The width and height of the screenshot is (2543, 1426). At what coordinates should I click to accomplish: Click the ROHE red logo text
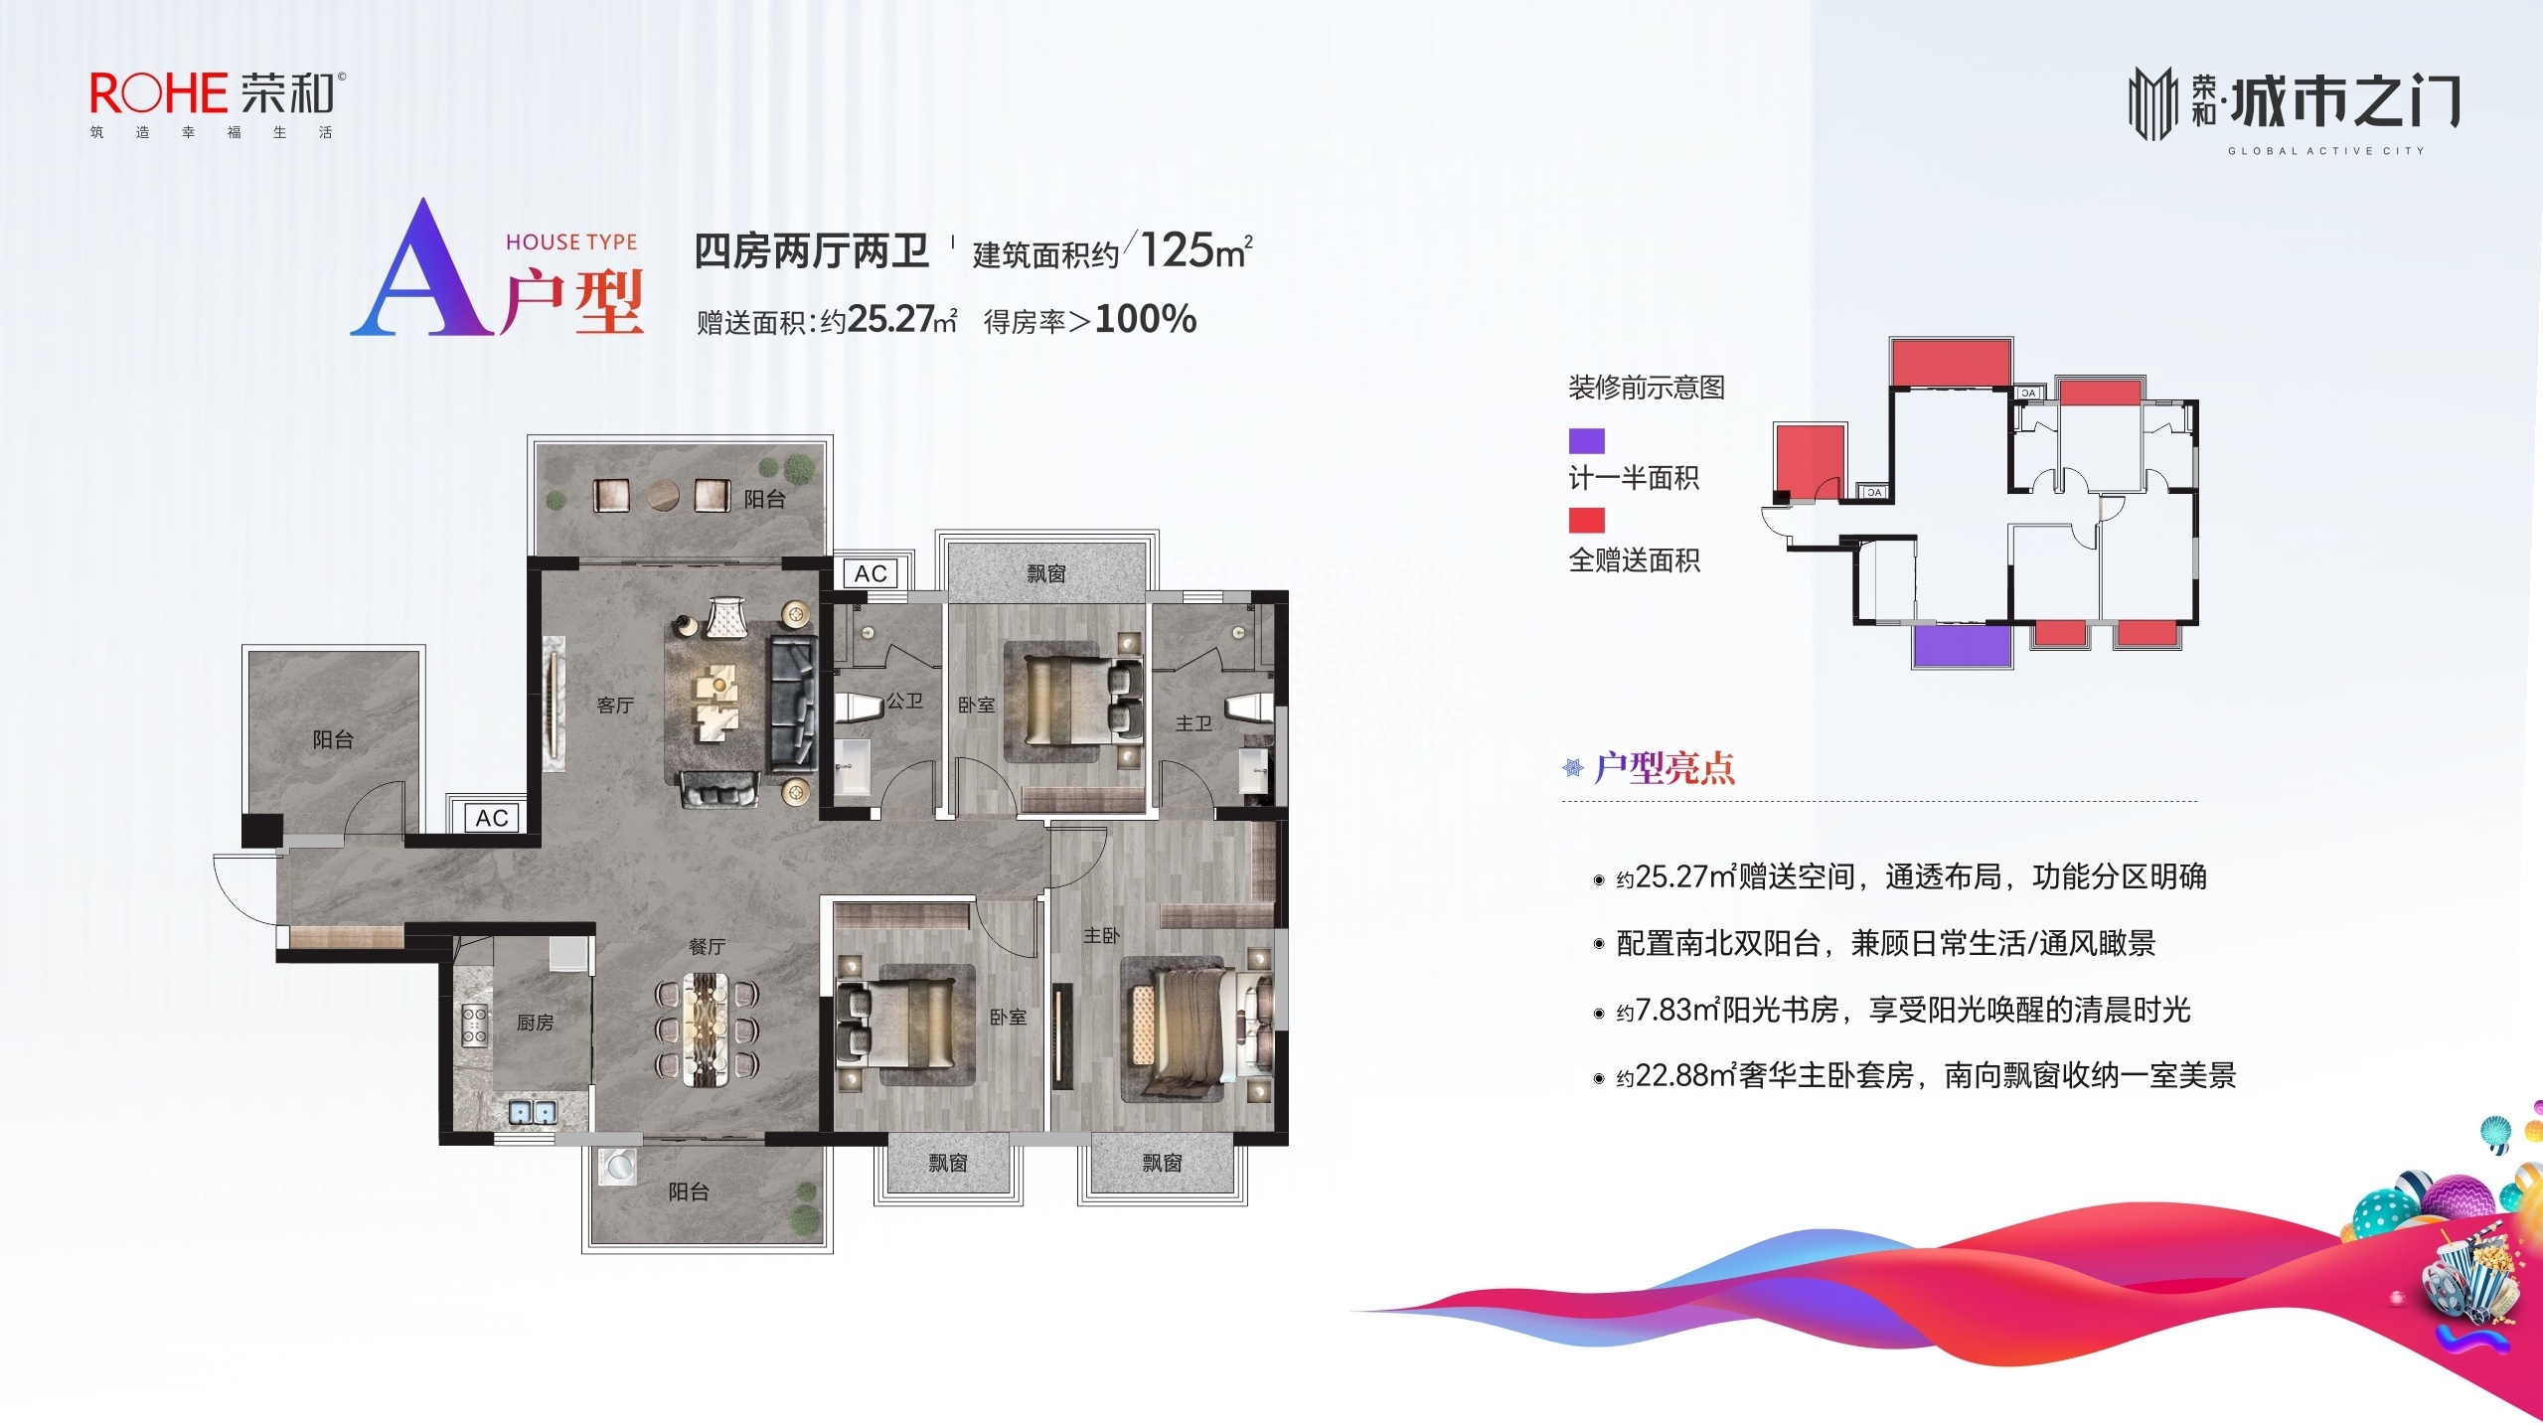159,93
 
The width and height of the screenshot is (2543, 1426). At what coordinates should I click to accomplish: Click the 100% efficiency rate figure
1145,319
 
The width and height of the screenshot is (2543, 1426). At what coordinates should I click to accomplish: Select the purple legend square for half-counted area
1586,440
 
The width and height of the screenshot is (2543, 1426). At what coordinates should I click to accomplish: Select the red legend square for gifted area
1586,520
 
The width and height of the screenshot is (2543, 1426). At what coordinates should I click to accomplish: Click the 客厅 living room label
615,705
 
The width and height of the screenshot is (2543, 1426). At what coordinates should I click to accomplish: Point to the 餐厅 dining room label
707,946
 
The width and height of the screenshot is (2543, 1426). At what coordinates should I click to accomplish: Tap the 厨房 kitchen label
535,1022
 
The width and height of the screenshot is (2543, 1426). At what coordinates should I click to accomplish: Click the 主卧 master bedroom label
1101,935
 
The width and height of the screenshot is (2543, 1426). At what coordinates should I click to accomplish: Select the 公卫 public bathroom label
904,701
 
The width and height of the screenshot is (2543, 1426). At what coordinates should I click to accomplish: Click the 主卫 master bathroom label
1192,723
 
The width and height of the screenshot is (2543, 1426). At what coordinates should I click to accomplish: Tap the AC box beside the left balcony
492,818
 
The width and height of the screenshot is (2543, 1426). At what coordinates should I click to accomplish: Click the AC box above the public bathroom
871,573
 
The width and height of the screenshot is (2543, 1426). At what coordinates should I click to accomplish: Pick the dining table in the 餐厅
707,1030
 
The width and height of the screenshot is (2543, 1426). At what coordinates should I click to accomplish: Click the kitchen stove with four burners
474,1025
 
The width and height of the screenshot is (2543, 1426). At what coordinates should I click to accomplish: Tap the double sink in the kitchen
533,1112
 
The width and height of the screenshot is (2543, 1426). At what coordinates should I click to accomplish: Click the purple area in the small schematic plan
1962,645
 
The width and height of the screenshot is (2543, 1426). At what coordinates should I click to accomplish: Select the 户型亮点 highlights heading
1664,768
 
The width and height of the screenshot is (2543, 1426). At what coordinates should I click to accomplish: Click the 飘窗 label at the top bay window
1045,573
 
